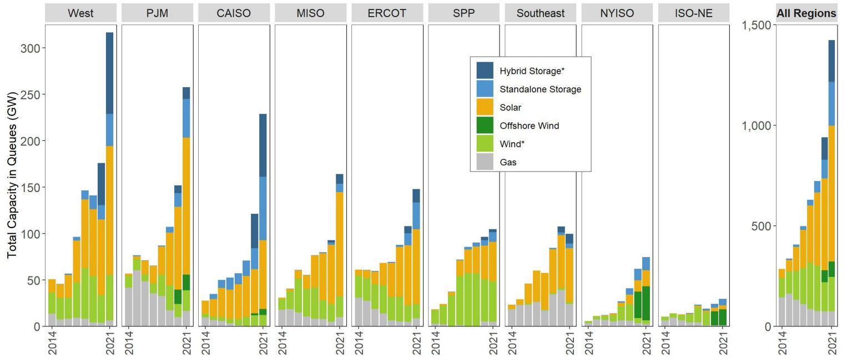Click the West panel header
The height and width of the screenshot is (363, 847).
click(80, 13)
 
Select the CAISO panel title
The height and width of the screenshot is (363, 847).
click(234, 13)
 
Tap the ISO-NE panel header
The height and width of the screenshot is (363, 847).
click(693, 13)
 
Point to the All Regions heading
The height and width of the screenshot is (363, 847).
click(806, 13)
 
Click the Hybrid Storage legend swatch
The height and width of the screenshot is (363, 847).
click(485, 70)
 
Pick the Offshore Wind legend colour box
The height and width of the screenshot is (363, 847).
click(485, 125)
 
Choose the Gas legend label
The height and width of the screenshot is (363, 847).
click(509, 162)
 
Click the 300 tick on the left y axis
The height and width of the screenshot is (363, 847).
click(30, 49)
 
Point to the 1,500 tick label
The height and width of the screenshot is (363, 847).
click(755, 25)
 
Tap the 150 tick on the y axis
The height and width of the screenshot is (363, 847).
click(30, 188)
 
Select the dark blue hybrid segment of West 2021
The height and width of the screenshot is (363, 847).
click(110, 73)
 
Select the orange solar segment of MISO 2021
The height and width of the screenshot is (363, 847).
click(340, 244)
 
